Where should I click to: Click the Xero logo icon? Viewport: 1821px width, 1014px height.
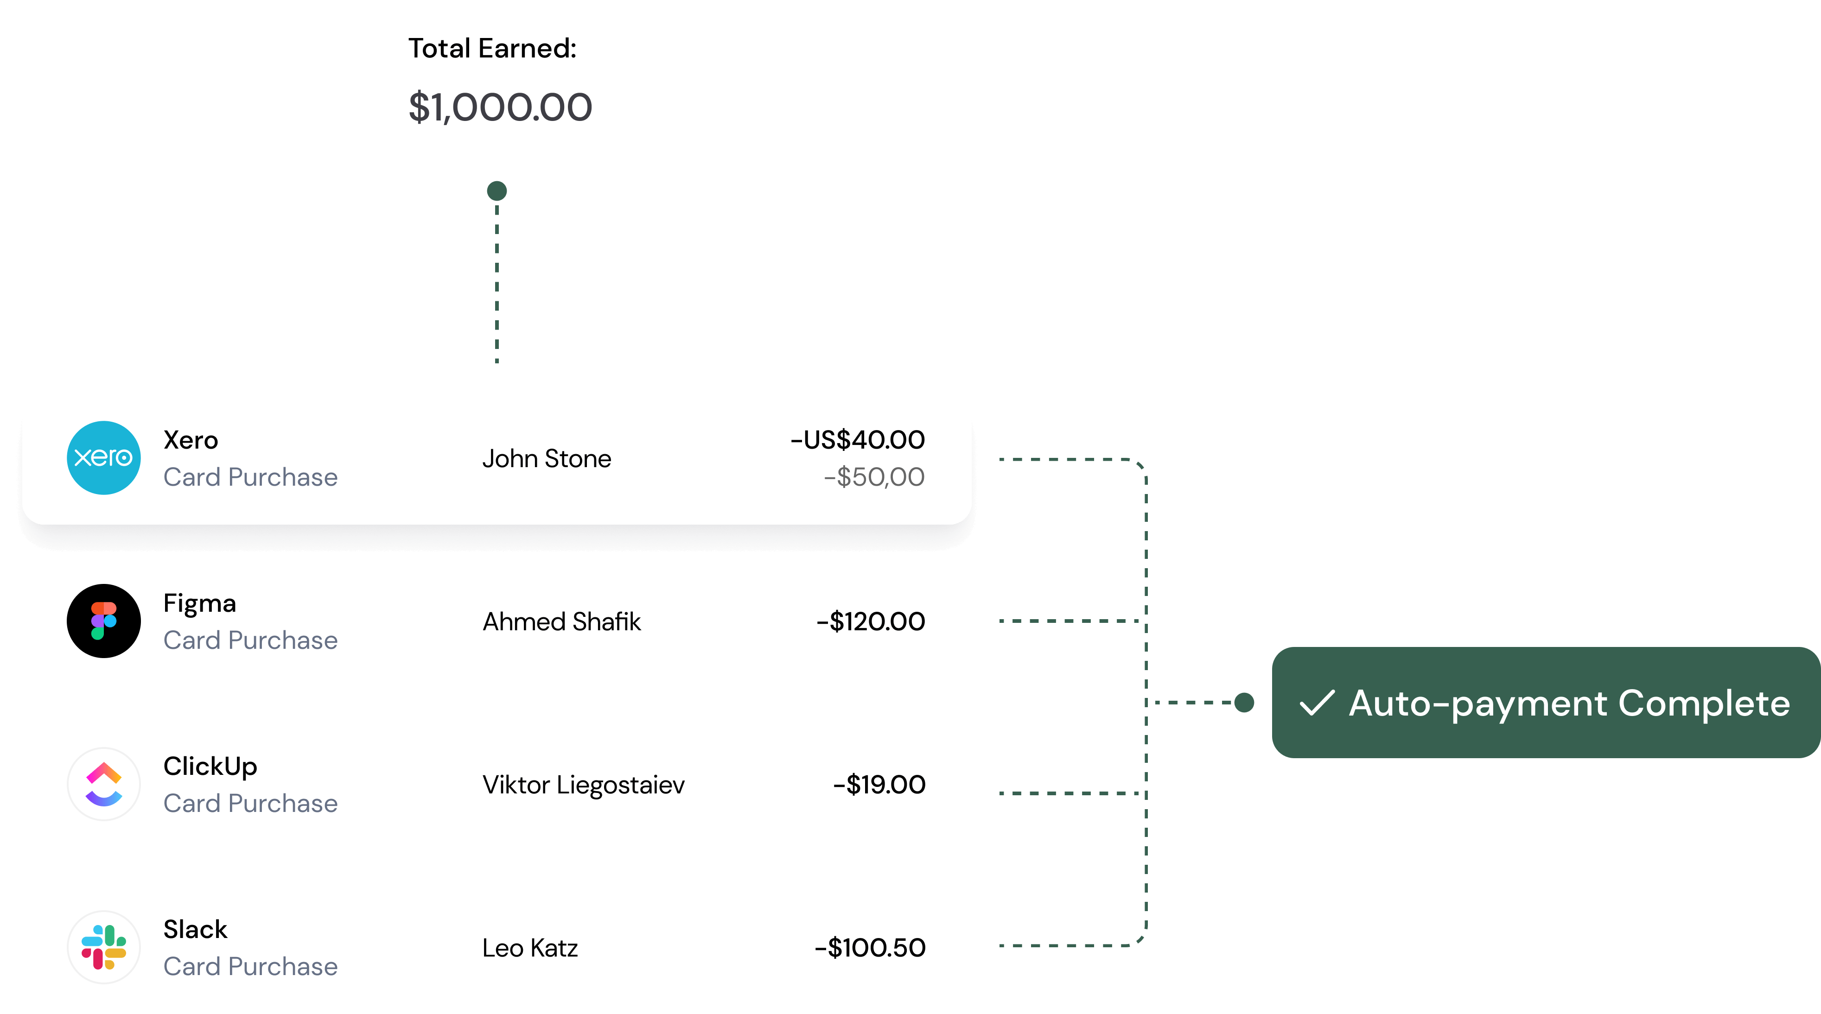pos(104,458)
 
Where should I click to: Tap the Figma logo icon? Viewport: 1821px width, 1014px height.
pos(104,621)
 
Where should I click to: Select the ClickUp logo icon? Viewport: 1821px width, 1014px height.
pos(104,784)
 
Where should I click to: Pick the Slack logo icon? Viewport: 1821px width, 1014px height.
pos(104,948)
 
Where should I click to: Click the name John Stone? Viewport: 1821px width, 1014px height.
pos(547,459)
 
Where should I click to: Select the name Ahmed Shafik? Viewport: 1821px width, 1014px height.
pos(561,622)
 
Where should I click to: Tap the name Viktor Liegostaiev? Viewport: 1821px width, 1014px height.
pos(583,785)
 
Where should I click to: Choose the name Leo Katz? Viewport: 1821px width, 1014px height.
pos(530,948)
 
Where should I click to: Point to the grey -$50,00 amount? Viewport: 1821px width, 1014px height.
pos(874,477)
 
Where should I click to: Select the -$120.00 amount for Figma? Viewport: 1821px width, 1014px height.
pos(871,622)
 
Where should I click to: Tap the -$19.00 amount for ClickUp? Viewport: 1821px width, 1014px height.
pos(879,785)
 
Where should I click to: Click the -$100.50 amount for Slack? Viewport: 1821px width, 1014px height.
pos(870,948)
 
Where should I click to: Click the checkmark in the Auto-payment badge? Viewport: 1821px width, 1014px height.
pos(1317,703)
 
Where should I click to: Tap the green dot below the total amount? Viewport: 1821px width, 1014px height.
pos(497,191)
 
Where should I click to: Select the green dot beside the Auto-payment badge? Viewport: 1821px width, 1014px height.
pos(1244,703)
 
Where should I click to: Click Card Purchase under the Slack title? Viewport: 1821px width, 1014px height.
pos(250,967)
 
